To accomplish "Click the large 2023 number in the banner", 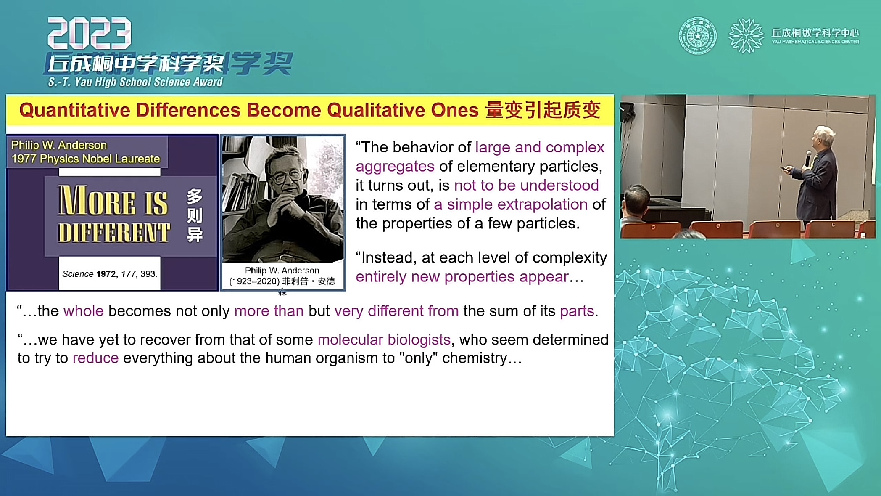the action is coord(89,33).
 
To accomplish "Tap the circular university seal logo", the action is coord(698,36).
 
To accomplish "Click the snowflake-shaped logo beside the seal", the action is coord(746,36).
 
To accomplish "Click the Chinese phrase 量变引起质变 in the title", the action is coord(543,110).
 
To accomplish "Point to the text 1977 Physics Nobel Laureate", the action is coord(86,159).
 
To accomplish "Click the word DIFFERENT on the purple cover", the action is coord(114,233).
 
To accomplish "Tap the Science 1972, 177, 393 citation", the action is coord(110,274).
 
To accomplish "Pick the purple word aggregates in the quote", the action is coord(395,167).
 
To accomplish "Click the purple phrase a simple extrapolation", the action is coord(511,204).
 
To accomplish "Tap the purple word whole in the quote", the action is coord(83,311).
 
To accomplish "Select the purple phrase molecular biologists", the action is coord(384,340).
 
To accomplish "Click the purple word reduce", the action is coord(95,358).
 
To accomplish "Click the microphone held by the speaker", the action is coord(808,159).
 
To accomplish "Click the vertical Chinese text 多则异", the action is coord(195,215).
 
